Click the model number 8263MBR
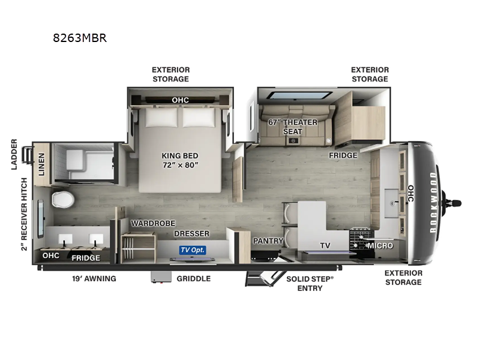click(80, 39)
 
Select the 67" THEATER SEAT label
click(293, 127)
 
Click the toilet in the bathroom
click(62, 199)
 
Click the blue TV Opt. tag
click(192, 249)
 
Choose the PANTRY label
click(268, 241)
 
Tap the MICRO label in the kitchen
click(380, 245)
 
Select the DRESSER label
click(192, 233)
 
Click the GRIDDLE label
click(193, 278)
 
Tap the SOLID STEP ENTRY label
click(310, 283)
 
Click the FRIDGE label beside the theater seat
click(343, 155)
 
